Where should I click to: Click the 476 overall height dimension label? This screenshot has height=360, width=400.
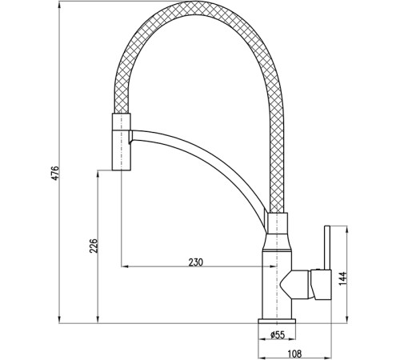54,174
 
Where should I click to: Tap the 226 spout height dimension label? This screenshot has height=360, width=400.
94,246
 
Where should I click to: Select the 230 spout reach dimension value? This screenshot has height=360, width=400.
196,262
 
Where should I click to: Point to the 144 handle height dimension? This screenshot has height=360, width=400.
343,278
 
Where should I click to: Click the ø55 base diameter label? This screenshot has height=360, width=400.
278,334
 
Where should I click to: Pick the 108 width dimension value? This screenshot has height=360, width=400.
294,354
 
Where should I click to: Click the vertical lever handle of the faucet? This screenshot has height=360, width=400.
327,248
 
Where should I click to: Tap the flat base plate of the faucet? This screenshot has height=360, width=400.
277,321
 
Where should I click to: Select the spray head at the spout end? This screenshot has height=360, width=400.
122,142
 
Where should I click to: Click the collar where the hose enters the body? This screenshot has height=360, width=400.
278,223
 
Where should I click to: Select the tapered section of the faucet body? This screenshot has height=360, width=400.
277,243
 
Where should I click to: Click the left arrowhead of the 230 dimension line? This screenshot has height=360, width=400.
125,266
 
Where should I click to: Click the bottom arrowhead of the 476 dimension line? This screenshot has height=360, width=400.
59,320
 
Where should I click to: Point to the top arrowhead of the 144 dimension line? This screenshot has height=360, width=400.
347,230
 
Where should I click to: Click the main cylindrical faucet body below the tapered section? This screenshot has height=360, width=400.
277,285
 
